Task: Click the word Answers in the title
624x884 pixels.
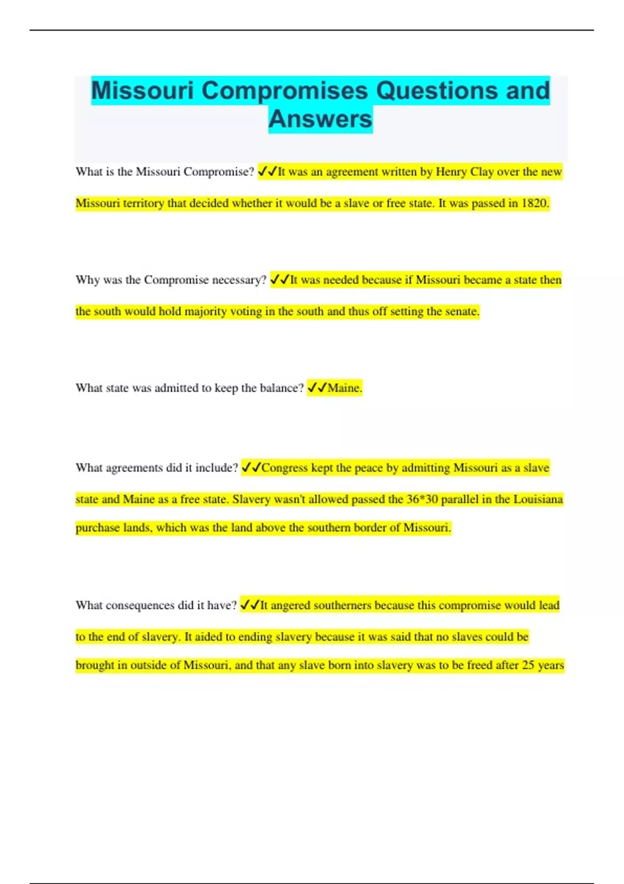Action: click(x=320, y=119)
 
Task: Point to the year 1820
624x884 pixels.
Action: click(x=534, y=203)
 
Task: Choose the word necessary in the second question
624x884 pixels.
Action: click(x=239, y=280)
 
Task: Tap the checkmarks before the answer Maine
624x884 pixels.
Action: click(x=317, y=388)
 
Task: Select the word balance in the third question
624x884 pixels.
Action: click(x=281, y=388)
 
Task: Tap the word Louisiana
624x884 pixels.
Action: click(x=538, y=499)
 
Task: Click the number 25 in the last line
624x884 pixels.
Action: click(x=529, y=665)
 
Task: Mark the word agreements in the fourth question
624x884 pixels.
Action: click(x=134, y=468)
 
